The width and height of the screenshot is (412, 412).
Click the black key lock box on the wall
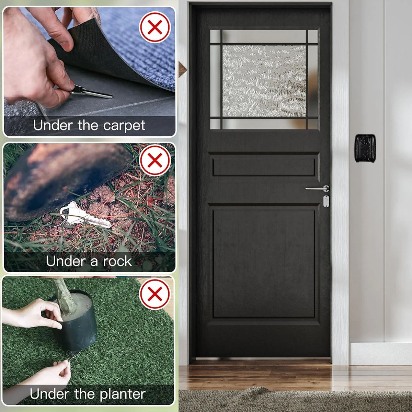pyautogui.click(x=365, y=148)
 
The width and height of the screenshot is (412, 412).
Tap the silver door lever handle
pyautogui.click(x=318, y=188)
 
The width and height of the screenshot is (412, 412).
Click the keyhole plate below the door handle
pyautogui.click(x=326, y=201)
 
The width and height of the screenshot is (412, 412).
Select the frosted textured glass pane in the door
pyautogui.click(x=264, y=81)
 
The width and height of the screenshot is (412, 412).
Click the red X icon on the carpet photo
pyautogui.click(x=155, y=27)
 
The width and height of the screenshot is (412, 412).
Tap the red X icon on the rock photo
pyautogui.click(x=155, y=160)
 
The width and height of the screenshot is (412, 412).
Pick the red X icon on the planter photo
pyautogui.click(x=155, y=294)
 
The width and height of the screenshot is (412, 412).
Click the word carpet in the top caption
pyautogui.click(x=124, y=126)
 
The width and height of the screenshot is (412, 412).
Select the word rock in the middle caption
pyautogui.click(x=117, y=261)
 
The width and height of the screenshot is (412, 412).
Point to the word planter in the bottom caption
pyautogui.click(x=123, y=394)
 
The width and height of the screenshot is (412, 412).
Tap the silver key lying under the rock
pyautogui.click(x=85, y=214)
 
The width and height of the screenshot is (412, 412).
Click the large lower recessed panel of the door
pyautogui.click(x=264, y=264)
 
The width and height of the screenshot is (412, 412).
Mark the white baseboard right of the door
pyautogui.click(x=380, y=354)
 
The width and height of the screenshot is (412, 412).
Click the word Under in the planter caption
pyautogui.click(x=49, y=393)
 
